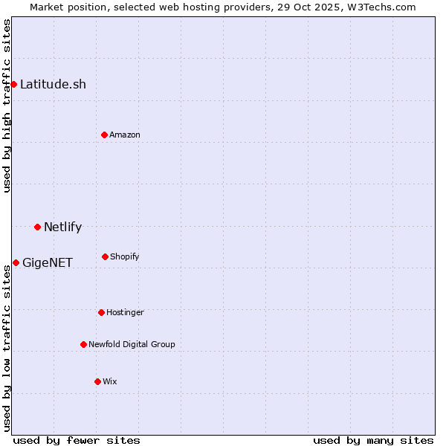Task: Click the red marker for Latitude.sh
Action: (x=13, y=84)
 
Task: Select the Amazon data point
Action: (x=104, y=135)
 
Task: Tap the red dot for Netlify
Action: (x=37, y=227)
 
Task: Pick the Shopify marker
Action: (x=105, y=256)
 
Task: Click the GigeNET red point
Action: (x=16, y=262)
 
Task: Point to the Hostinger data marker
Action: (x=101, y=312)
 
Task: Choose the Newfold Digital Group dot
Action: (x=83, y=344)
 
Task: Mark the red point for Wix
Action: (x=97, y=381)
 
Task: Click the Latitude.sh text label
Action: (x=53, y=84)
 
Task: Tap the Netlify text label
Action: (x=62, y=227)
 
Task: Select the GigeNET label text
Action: (x=48, y=262)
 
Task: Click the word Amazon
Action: (x=125, y=135)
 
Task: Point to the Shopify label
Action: (x=125, y=256)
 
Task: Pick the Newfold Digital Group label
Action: (x=132, y=344)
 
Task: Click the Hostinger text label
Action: (x=125, y=312)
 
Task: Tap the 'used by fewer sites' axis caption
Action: (x=77, y=440)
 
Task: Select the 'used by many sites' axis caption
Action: (x=373, y=440)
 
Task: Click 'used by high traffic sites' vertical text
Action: (x=7, y=106)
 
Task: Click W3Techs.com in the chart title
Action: (x=381, y=7)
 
